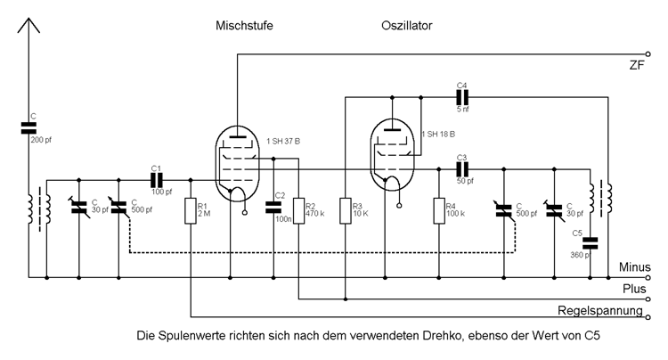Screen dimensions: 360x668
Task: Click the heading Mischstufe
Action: [x=244, y=26]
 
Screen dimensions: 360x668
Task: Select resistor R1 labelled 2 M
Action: [x=191, y=211]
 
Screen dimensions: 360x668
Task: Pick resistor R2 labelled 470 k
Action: [x=298, y=211]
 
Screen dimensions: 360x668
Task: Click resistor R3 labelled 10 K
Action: [x=344, y=211]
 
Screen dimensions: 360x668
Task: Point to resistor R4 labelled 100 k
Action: [x=438, y=211]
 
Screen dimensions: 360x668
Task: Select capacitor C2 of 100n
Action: [x=273, y=208]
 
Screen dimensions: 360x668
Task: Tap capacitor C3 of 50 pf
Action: [x=461, y=168]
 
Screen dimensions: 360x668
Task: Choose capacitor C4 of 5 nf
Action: [x=461, y=95]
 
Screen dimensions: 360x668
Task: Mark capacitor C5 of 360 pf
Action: [x=590, y=242]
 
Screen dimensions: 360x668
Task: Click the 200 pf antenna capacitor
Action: [x=29, y=128]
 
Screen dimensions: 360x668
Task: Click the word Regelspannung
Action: [x=600, y=311]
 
